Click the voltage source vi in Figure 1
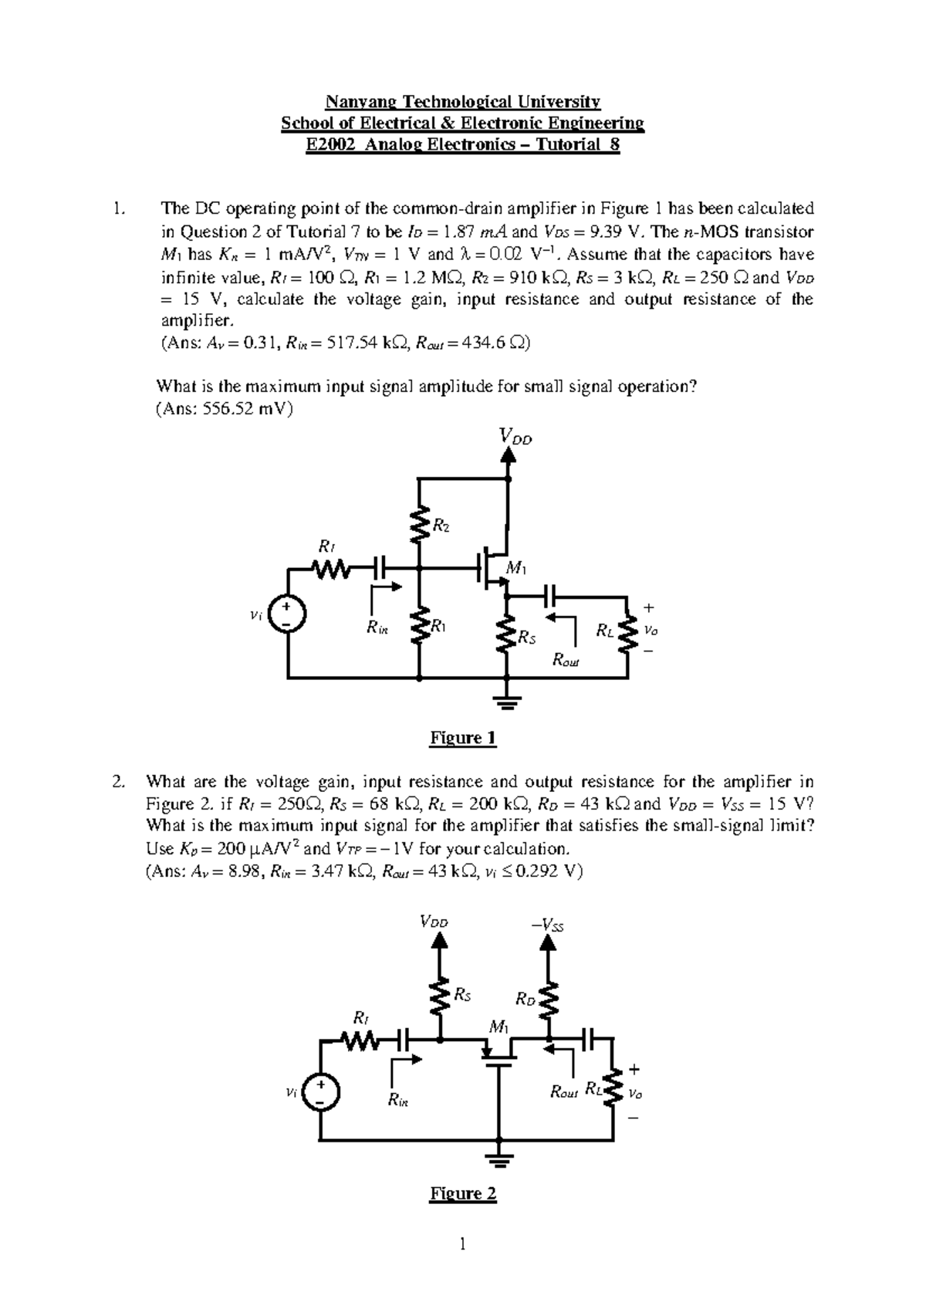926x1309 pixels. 288,614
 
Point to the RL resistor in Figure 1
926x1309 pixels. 627,631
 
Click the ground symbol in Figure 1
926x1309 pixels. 507,701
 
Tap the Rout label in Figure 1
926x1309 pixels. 566,661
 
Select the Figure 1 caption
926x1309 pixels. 462,738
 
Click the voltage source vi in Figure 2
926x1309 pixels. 319,1094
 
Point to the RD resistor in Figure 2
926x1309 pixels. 549,1001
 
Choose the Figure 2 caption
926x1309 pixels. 462,1193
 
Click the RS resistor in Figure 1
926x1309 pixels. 507,634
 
